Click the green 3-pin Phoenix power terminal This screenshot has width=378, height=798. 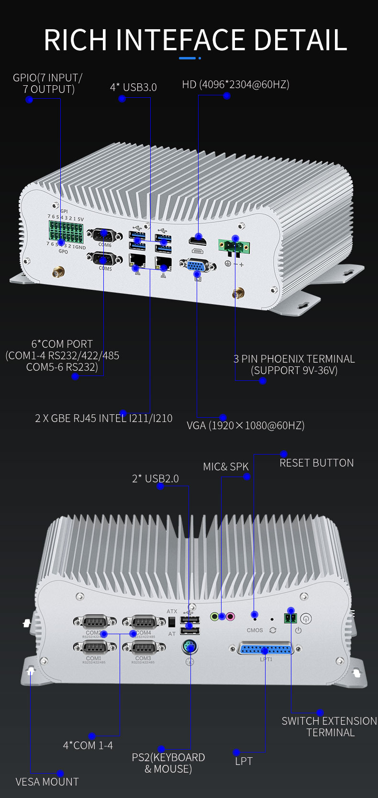pyautogui.click(x=234, y=246)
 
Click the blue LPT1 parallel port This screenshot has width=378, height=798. pyautogui.click(x=266, y=650)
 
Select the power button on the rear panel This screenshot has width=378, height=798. pyautogui.click(x=306, y=618)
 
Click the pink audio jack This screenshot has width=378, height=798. pyautogui.click(x=231, y=616)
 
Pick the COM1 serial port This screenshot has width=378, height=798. pyautogui.click(x=94, y=648)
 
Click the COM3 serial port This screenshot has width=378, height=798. pyautogui.click(x=143, y=648)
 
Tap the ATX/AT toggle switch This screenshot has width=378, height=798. pyautogui.click(x=172, y=622)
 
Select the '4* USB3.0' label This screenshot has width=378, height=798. pyautogui.click(x=133, y=87)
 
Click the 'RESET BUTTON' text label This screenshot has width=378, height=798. pyautogui.click(x=316, y=463)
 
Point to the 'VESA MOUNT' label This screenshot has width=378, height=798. pyautogui.click(x=47, y=782)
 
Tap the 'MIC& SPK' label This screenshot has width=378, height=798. pyautogui.click(x=225, y=467)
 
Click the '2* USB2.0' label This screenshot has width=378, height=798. pyautogui.click(x=155, y=479)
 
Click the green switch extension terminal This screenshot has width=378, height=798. pyautogui.click(x=290, y=618)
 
